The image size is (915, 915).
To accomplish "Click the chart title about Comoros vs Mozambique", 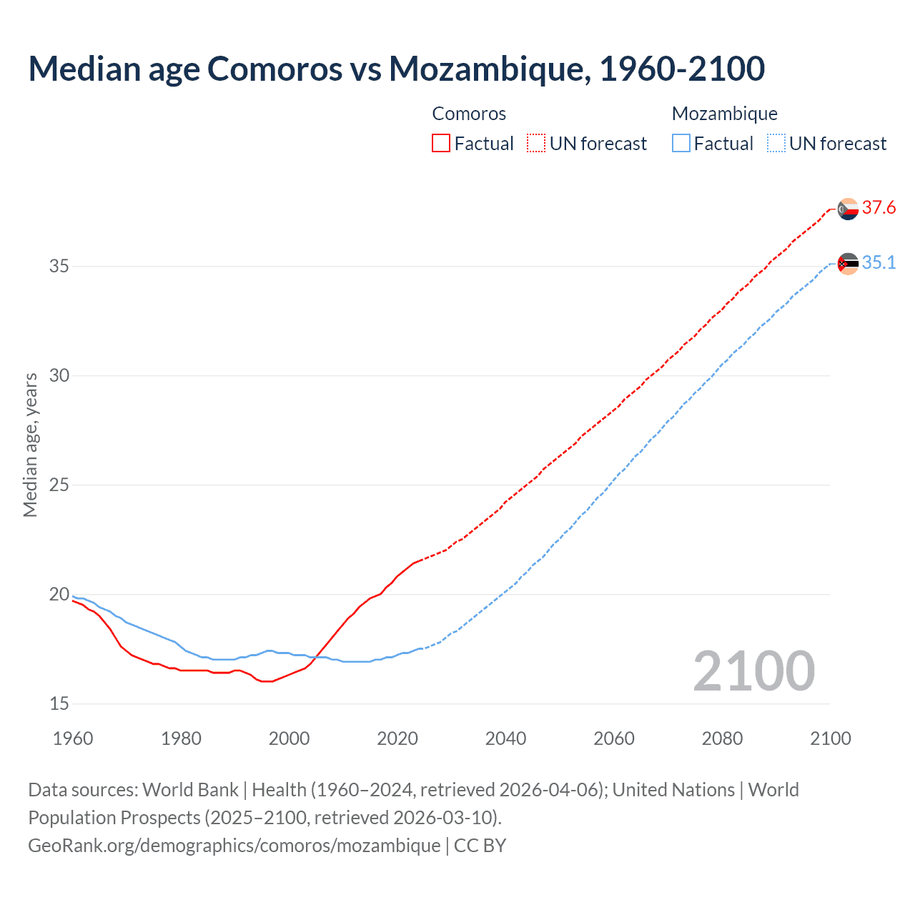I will pos(396,69).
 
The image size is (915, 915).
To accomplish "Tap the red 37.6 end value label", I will pos(879,208).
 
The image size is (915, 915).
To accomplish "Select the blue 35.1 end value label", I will pos(879,263).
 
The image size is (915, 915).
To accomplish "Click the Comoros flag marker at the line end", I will pos(848,209).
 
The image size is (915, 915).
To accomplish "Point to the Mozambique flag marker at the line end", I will pos(848,264).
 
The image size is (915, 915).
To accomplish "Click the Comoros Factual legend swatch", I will pos(441,144).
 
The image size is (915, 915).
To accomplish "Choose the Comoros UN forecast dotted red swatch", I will pos(536,144).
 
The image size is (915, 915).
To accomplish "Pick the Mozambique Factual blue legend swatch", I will pos(681,144).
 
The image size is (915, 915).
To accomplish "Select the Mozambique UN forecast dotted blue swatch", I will pos(776,144).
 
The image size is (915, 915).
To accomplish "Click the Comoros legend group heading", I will pos(469,114).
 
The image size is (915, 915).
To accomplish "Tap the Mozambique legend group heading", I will pos(724,114).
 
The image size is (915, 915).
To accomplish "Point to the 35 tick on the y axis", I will pos(59,267).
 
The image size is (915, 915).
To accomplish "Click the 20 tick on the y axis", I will pos(59,595).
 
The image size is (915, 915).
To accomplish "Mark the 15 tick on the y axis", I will pos(59,704).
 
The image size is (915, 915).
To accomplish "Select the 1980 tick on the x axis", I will pos(181,738).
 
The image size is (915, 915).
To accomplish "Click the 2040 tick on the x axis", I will pos(505,738).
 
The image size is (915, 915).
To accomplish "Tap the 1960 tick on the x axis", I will pos(73,738).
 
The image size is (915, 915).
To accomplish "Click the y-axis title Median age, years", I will pos(30,445).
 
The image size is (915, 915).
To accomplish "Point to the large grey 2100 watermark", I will pos(753,671).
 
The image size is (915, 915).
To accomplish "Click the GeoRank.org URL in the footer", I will pos(234,846).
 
